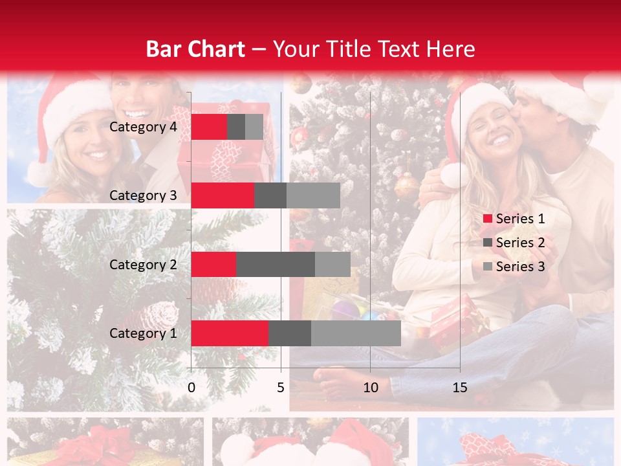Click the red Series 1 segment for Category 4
click(x=209, y=127)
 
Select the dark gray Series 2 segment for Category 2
click(x=275, y=264)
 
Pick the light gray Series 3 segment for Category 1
click(x=356, y=333)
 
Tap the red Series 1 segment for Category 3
click(x=223, y=195)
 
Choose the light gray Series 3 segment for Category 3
click(x=313, y=195)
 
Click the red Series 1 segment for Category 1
click(x=230, y=333)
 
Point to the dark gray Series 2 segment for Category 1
click(x=289, y=333)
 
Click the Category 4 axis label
click(x=143, y=127)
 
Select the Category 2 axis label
click(x=143, y=264)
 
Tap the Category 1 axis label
click(x=143, y=333)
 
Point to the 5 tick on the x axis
click(x=281, y=388)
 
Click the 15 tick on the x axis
click(x=459, y=388)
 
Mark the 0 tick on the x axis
click(x=191, y=388)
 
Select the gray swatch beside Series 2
click(x=488, y=243)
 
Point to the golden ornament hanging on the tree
click(x=406, y=185)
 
